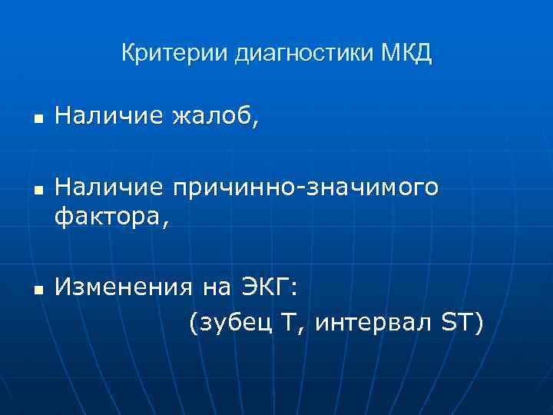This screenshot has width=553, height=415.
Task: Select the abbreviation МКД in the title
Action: click(406, 54)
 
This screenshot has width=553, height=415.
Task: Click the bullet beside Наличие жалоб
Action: click(37, 119)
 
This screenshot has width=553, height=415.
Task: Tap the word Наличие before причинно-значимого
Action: click(109, 188)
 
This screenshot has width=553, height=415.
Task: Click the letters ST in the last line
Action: click(459, 324)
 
